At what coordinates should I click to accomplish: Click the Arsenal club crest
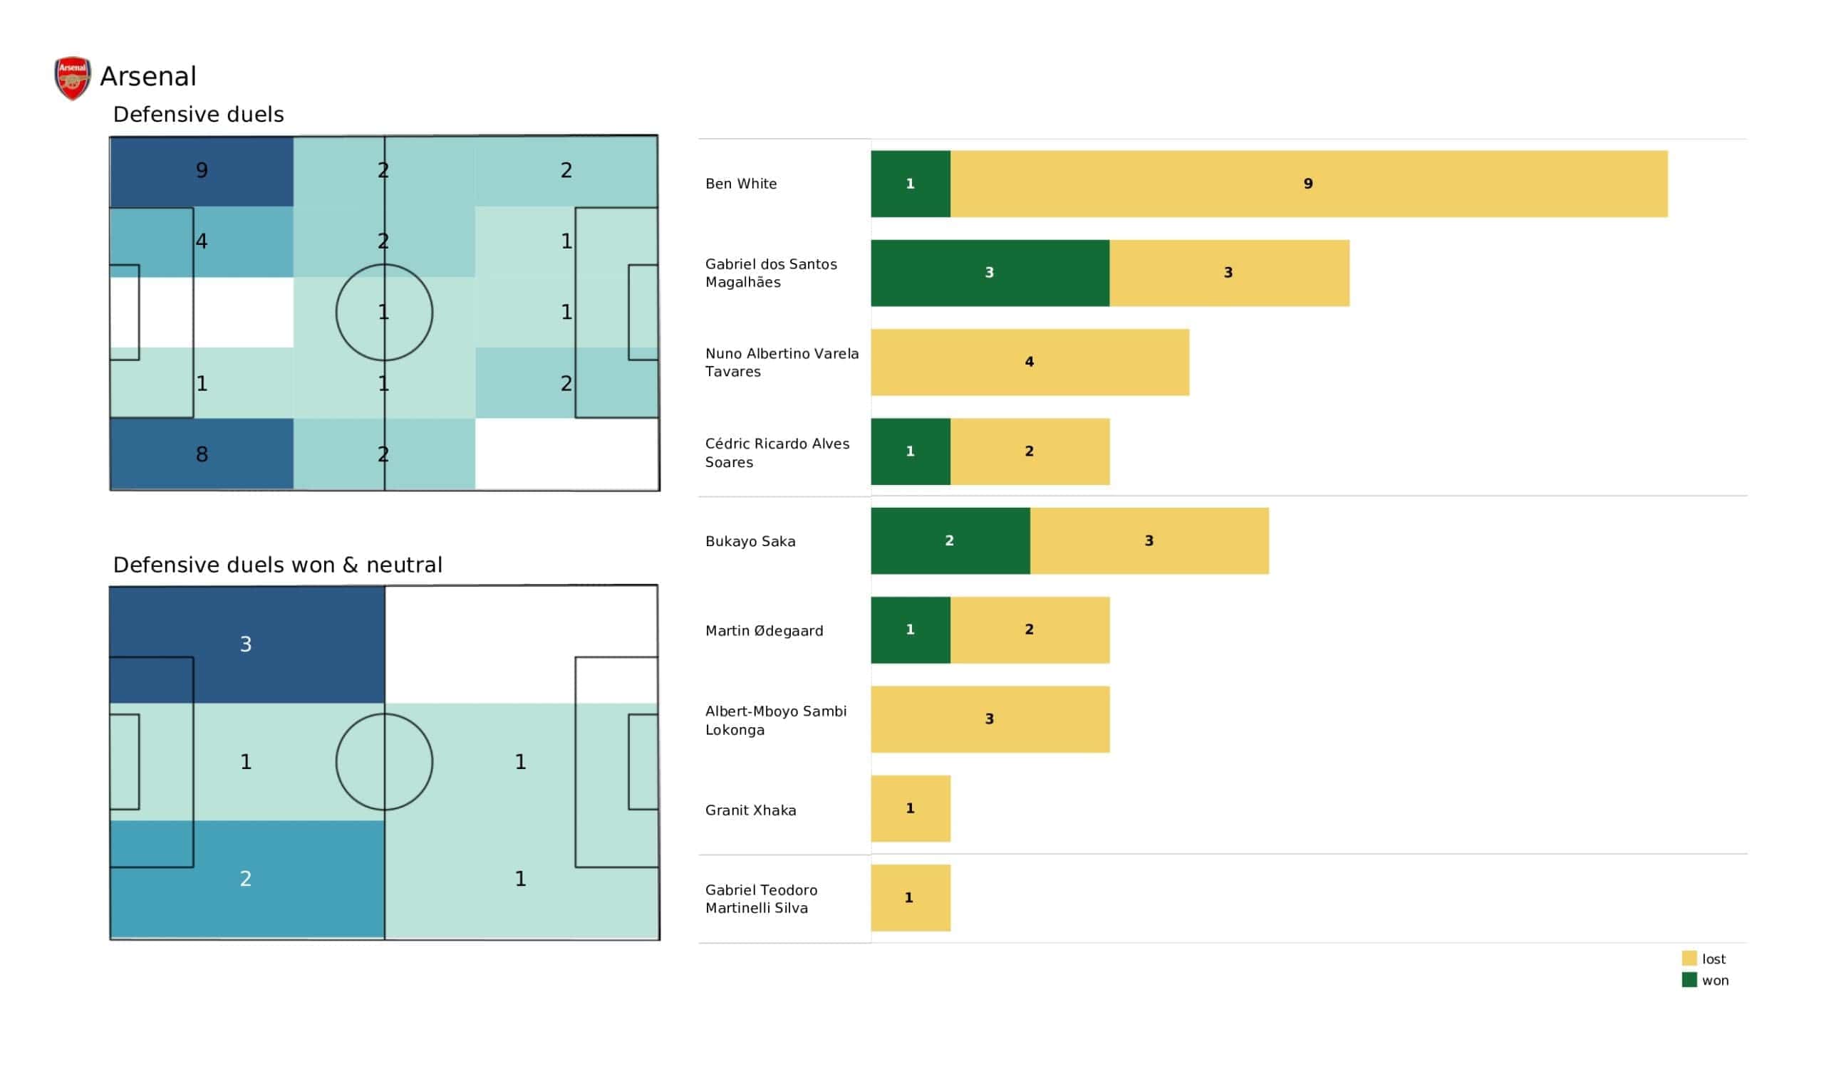73,78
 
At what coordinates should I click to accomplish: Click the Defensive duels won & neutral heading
277,565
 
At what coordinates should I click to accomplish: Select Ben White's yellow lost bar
1309,184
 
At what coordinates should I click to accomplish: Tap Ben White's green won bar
910,184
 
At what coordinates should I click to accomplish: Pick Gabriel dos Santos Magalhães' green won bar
990,273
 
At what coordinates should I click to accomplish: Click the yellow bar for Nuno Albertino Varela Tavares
1030,362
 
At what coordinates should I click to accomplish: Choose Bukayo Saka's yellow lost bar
1149,540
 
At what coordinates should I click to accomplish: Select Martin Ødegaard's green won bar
910,629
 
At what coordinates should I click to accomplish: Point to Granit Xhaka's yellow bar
910,808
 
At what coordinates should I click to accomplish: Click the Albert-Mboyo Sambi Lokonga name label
775,720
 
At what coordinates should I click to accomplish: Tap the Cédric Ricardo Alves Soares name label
777,452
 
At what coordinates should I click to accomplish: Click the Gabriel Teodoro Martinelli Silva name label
761,899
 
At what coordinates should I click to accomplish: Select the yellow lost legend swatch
1689,958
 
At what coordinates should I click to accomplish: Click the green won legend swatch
1689,981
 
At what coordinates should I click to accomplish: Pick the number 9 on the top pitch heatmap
202,170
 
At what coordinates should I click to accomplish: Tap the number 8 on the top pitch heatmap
202,454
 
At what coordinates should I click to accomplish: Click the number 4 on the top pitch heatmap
202,241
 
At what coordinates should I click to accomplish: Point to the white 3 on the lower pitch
246,644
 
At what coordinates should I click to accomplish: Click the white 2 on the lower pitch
246,879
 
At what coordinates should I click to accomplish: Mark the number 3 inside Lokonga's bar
990,719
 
